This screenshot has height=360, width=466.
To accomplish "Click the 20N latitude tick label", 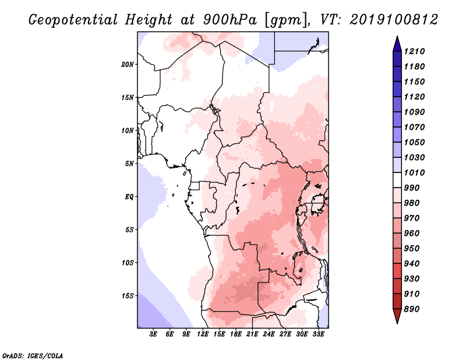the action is coord(128,65).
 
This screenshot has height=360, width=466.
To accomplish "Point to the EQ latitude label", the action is coord(129,197).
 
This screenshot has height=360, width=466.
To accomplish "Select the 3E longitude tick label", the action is coord(153,334).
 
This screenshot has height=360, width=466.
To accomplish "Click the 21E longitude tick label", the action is coord(252,334).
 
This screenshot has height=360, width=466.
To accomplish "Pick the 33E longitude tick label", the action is coord(318,334).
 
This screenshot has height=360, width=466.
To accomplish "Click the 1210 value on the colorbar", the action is coord(415,51).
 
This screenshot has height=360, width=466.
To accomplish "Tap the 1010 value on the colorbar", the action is coord(415,172).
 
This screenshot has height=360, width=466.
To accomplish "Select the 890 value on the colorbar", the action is coord(412,309).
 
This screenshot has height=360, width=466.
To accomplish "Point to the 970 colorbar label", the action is coord(412,218).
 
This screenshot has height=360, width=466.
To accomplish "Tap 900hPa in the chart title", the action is coord(230,20).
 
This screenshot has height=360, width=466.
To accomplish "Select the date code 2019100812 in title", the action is coord(394,20).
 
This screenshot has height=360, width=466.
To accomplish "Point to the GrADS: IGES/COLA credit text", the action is coord(33,356).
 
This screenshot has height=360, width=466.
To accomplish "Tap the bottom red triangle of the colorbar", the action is coord(397,316).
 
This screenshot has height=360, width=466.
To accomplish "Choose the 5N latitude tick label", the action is coord(129,164).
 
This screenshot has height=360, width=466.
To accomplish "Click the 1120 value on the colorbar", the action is coord(415,97).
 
